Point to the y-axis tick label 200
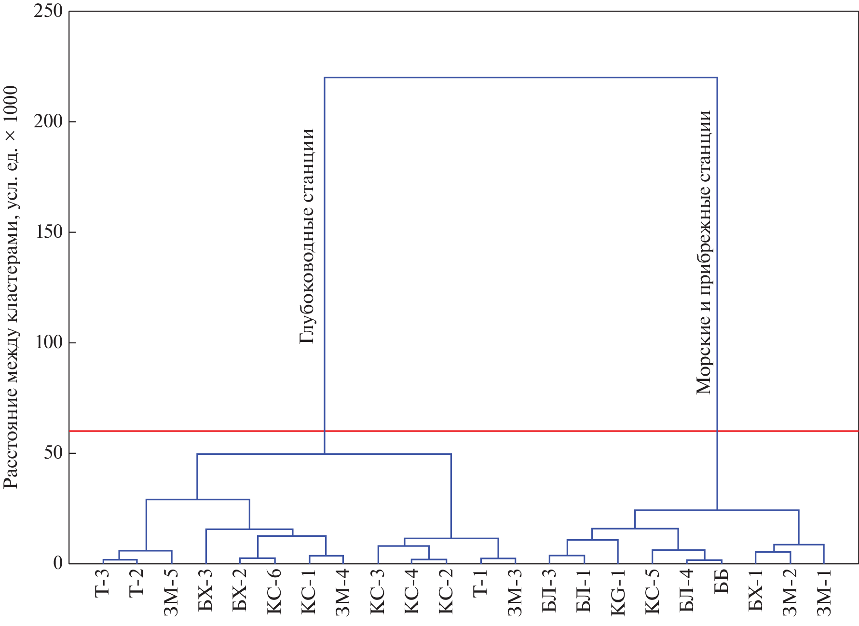click(48, 121)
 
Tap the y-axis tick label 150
click(48, 232)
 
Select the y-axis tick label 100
click(48, 342)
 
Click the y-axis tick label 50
click(53, 453)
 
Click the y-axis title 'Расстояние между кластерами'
click(11, 287)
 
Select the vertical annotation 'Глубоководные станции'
click(307, 236)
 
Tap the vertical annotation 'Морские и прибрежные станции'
click(704, 252)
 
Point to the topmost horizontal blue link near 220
click(521, 77)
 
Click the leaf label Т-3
click(102, 584)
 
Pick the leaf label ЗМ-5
click(171, 593)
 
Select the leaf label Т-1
click(481, 584)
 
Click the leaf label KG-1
click(618, 592)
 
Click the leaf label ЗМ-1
click(824, 593)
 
